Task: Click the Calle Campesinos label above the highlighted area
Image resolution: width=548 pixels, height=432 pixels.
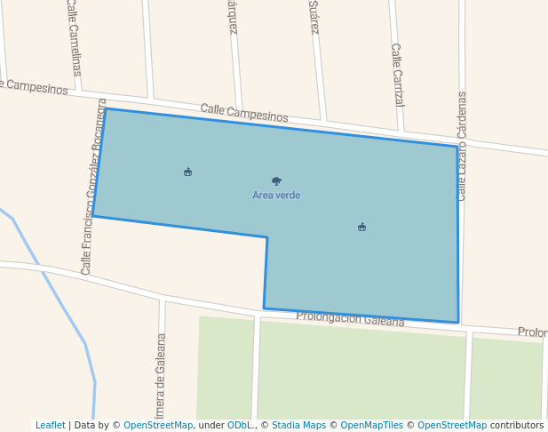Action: [244, 112]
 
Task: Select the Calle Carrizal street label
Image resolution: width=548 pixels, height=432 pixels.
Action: [397, 75]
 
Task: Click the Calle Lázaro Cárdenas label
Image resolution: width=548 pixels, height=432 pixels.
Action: [462, 145]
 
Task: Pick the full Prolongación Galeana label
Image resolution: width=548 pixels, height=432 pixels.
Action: [350, 318]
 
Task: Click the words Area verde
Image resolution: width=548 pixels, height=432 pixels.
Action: [276, 196]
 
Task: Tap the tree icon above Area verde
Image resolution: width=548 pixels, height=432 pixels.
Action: [276, 180]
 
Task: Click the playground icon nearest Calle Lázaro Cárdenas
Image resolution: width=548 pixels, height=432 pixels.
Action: [361, 227]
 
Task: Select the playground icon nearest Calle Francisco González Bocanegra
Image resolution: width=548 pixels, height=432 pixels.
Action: [187, 172]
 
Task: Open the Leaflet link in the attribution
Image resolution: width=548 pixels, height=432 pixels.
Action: [50, 426]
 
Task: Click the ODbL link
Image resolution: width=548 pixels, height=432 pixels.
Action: [240, 426]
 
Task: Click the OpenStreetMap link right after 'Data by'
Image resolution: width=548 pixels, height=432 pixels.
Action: [157, 426]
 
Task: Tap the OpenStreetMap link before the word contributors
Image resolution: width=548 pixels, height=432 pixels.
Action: [451, 426]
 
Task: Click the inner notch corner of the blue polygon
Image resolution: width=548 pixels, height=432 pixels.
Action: [267, 237]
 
